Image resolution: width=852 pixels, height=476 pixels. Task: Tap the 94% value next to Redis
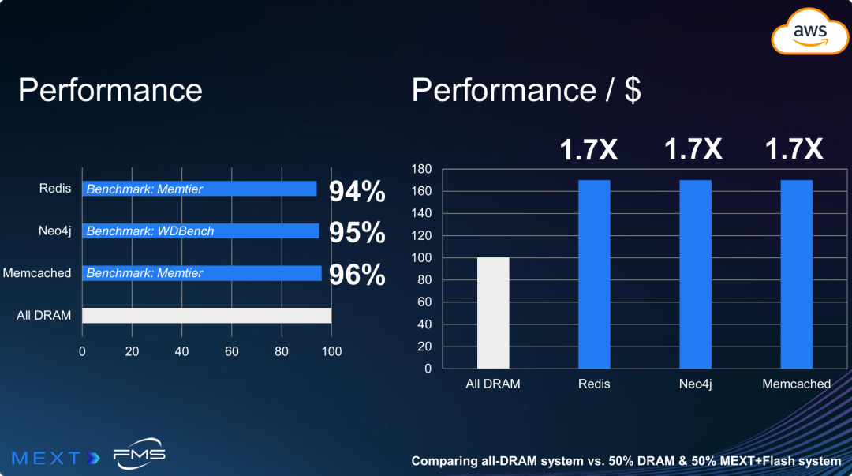357,191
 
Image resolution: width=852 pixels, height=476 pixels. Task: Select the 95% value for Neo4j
357,233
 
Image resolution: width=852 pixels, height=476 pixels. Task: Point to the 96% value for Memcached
357,275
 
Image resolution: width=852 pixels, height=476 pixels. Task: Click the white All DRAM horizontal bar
207,315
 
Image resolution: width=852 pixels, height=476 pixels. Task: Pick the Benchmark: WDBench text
150,231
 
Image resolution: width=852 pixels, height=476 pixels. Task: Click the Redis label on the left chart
55,189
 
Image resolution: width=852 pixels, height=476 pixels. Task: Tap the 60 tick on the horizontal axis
231,351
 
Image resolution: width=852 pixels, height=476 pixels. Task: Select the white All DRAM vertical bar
493,313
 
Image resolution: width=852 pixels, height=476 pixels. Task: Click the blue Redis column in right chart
594,274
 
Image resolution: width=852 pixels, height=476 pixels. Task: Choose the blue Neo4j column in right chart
695,274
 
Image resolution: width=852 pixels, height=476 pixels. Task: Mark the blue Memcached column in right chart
796,274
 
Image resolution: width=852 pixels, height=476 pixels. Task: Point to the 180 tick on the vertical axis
422,169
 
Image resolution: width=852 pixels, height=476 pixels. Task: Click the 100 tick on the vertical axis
422,257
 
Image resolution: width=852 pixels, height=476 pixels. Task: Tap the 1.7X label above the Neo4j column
693,149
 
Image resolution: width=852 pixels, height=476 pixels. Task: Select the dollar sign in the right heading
633,90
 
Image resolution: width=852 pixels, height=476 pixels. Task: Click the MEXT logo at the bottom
55,457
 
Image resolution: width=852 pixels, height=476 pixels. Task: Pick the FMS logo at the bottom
139,455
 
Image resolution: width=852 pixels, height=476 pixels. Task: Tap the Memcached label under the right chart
796,384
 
